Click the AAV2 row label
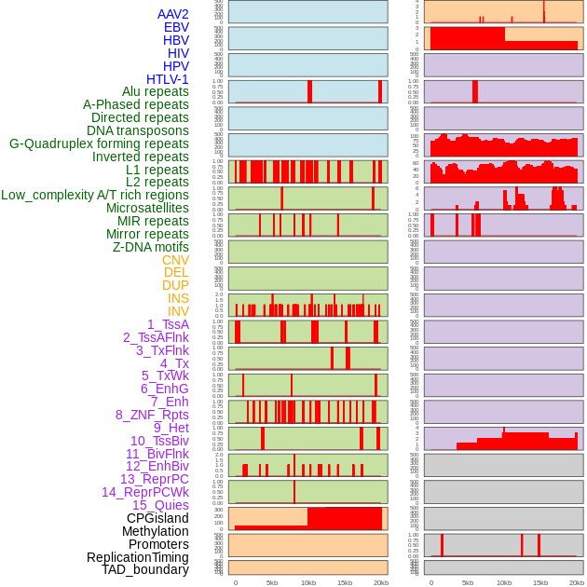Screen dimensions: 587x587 172,14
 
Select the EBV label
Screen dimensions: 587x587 176,27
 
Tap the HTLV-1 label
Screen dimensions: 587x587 167,79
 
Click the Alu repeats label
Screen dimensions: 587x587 155,91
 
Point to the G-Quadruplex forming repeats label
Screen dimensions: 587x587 99,143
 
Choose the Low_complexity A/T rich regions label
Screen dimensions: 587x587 95,195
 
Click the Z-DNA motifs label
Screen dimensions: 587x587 150,247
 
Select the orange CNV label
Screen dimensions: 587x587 175,260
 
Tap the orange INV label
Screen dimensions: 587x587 177,311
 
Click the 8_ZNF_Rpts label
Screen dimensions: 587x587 152,415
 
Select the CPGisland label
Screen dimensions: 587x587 157,518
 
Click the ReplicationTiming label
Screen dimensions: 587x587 137,557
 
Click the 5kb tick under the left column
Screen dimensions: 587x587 272,582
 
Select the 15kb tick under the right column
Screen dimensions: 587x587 540,582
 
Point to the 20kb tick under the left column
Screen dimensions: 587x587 381,582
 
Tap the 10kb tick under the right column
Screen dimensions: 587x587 504,582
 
